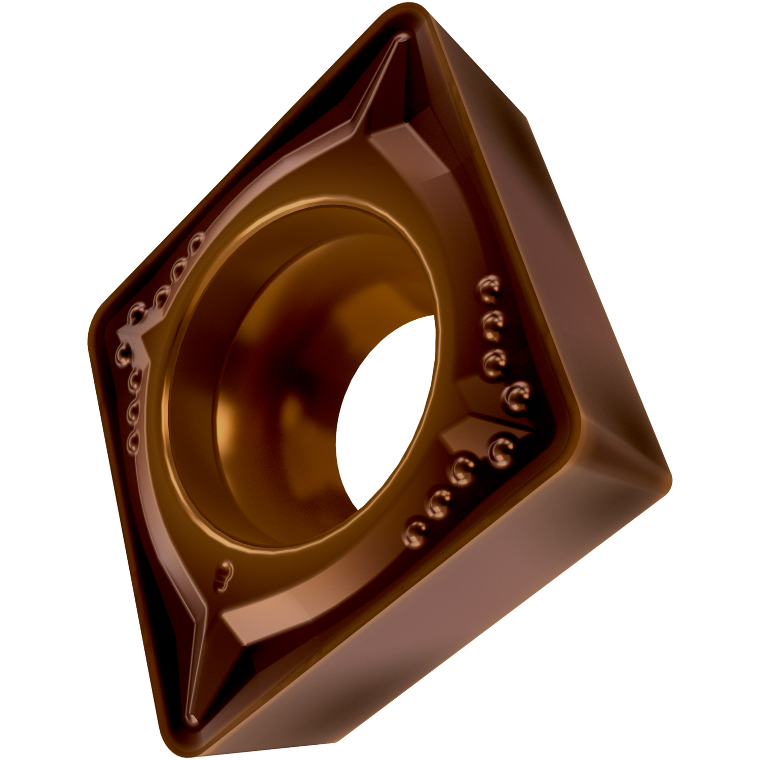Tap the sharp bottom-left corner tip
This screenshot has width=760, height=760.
192,718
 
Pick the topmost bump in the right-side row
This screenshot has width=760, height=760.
489,287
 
